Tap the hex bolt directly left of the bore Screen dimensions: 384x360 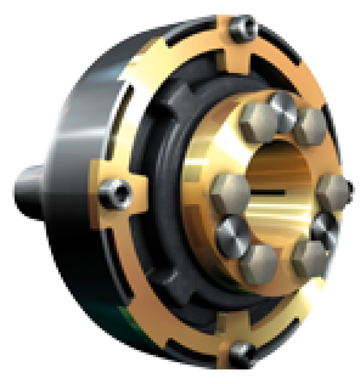229,190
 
